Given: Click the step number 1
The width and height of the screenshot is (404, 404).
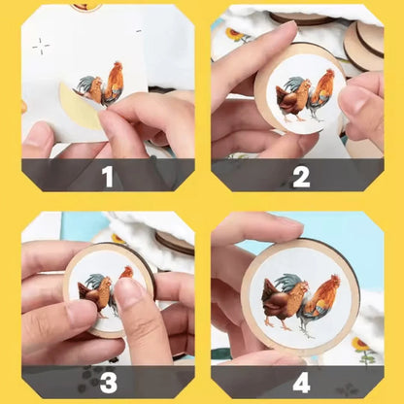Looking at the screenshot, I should [107, 176].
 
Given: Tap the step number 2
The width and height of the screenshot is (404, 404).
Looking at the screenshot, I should [300, 176].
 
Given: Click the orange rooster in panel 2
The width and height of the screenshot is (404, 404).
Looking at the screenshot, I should [320, 92].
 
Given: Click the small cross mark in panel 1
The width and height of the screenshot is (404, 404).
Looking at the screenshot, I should [41, 46].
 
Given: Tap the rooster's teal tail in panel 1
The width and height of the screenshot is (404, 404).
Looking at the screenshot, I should [87, 85].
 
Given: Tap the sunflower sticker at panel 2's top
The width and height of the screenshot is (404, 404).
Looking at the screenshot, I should [236, 35].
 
